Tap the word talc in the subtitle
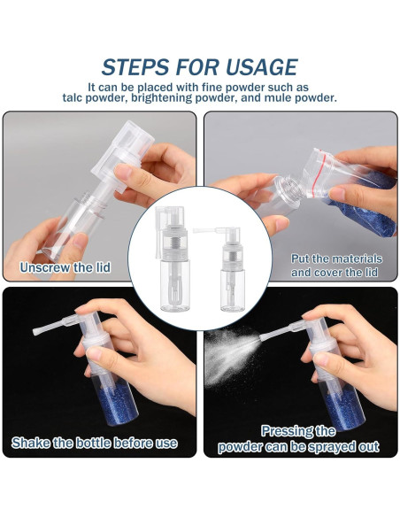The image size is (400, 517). click(73, 98)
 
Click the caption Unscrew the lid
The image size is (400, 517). click(65, 267)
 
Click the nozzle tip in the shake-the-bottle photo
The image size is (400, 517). click(35, 331)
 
